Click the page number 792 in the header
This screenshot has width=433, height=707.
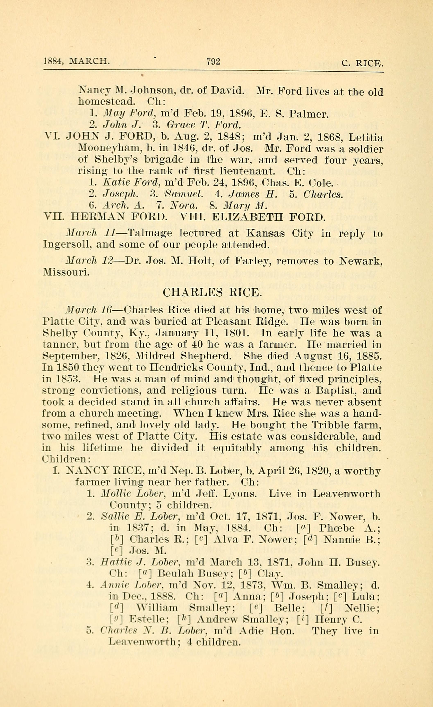(213, 61)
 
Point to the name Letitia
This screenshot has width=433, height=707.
(366, 138)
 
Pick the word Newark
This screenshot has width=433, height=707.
(361, 261)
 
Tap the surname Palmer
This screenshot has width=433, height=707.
(308, 114)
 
